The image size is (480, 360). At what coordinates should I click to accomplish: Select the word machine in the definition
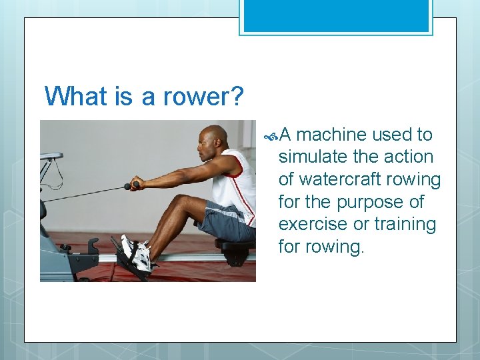pyautogui.click(x=331, y=135)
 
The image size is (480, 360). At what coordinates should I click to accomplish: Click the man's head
pyautogui.click(x=214, y=141)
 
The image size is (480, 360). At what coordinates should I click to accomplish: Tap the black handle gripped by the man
pyautogui.click(x=132, y=185)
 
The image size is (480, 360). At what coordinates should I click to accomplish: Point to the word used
pyautogui.click(x=393, y=135)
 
